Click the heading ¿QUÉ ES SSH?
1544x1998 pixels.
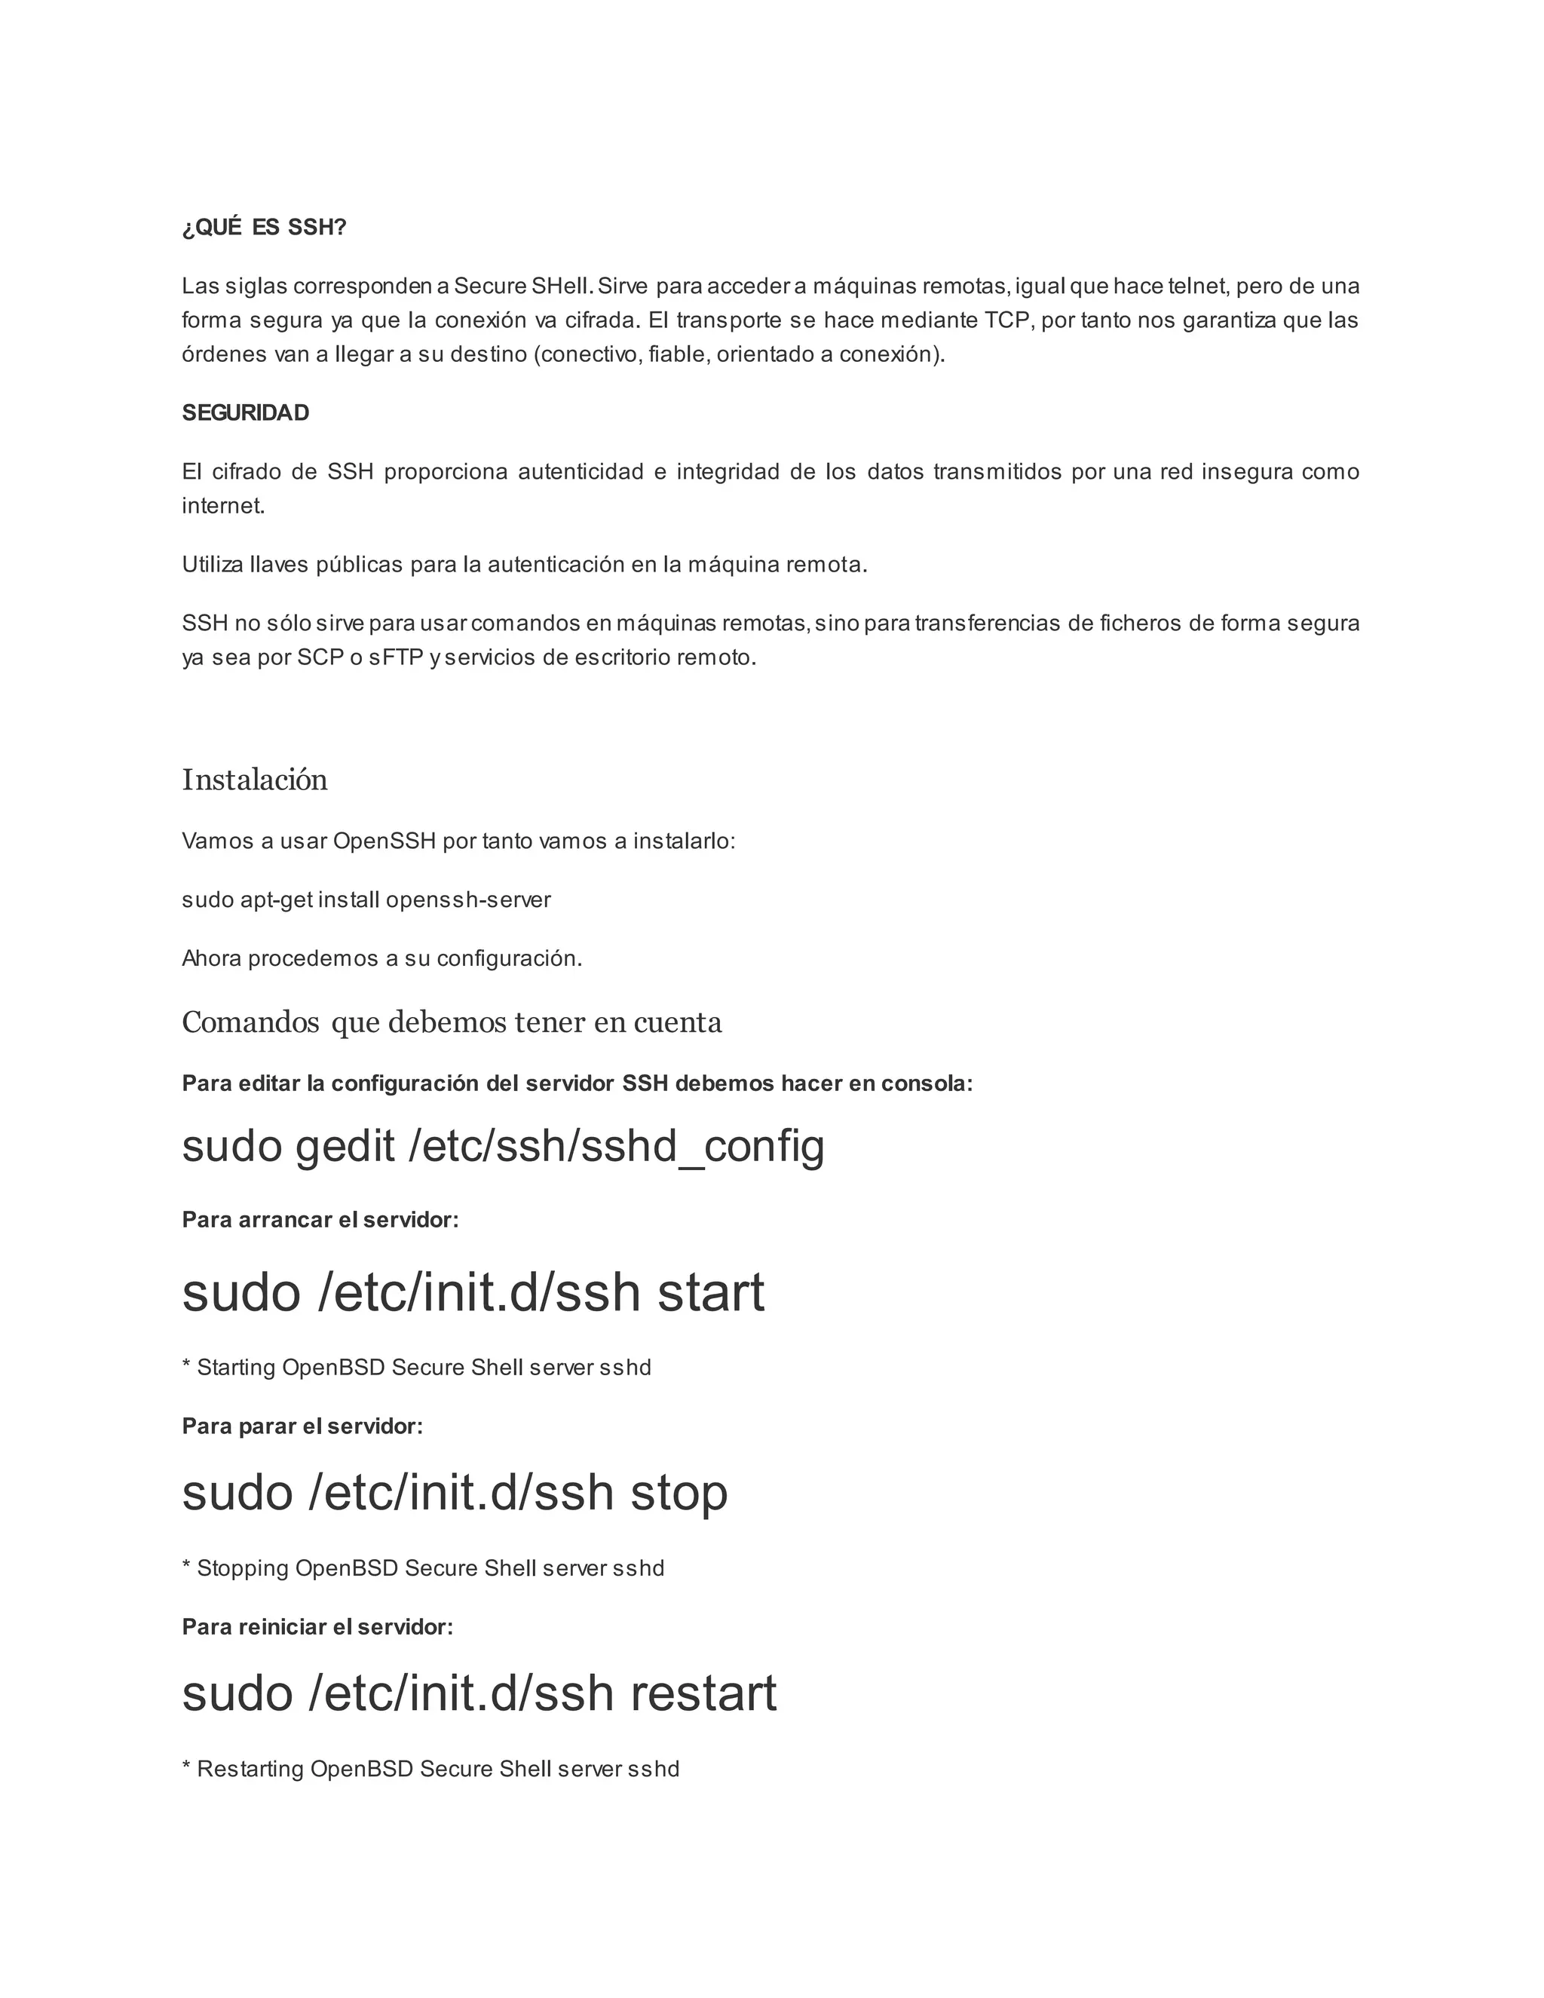265,228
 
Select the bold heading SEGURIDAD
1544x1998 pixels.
245,413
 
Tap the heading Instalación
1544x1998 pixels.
254,780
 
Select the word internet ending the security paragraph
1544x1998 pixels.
222,507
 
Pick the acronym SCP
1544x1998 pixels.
320,657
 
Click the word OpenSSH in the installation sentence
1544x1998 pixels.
384,841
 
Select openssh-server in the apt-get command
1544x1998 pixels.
468,900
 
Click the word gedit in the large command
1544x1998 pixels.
345,1146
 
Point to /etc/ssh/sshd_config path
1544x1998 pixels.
617,1146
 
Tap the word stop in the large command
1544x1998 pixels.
679,1493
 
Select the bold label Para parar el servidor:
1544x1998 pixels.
303,1427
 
